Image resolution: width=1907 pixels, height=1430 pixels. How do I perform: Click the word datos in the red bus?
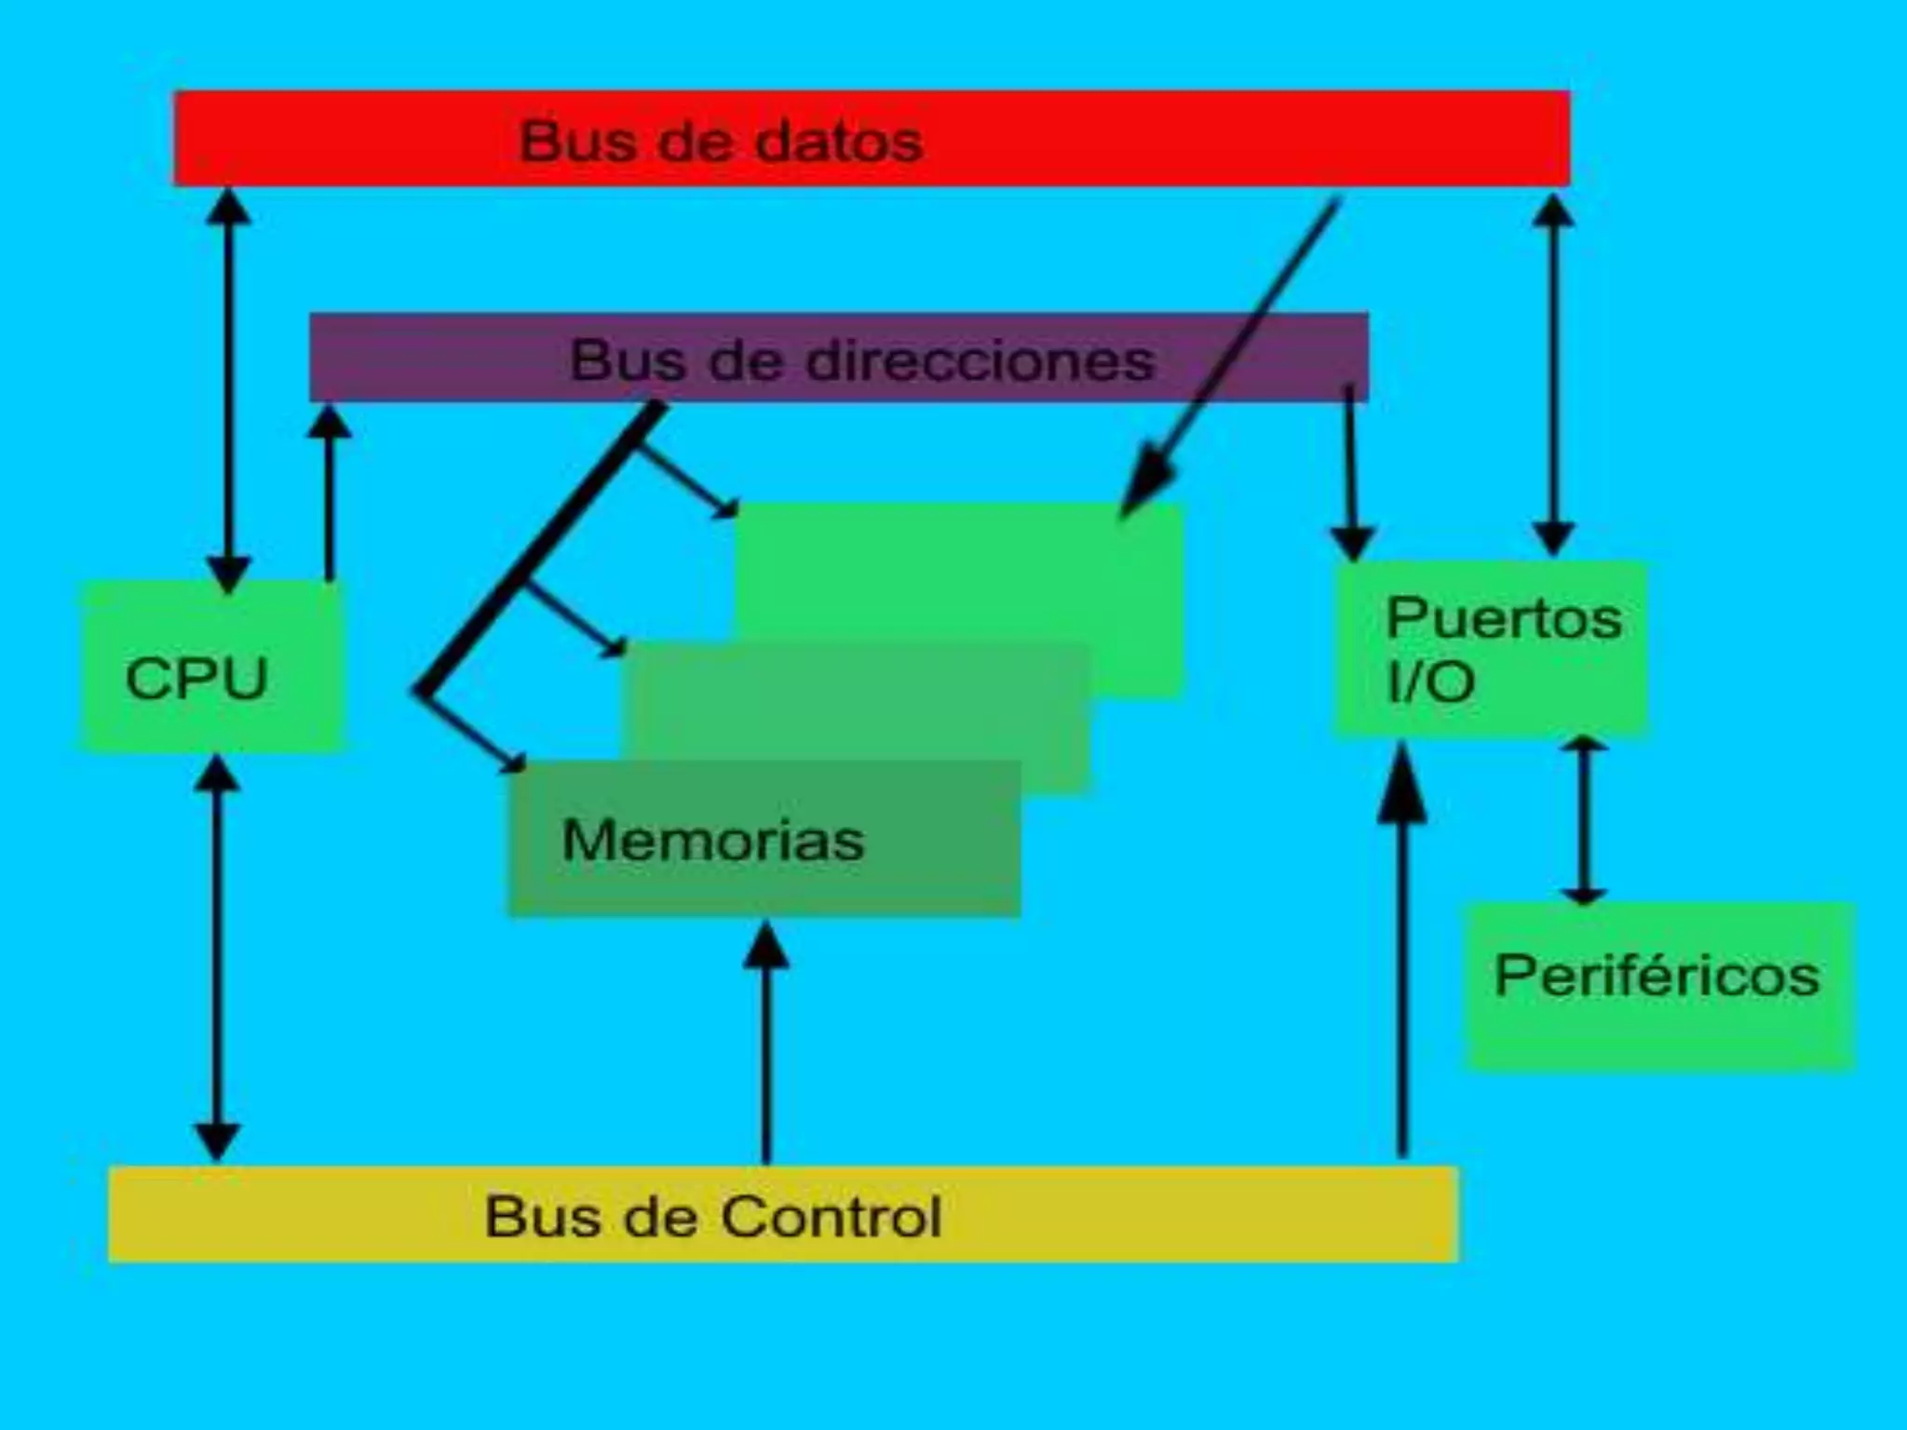[838, 142]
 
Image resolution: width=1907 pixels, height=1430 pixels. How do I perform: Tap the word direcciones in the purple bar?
[980, 360]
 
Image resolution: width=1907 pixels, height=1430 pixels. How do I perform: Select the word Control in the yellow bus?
[831, 1217]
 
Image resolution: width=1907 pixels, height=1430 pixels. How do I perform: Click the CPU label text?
[196, 679]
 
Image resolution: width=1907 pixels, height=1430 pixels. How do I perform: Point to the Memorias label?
[713, 841]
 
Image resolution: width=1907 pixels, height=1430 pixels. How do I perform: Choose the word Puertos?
[1504, 618]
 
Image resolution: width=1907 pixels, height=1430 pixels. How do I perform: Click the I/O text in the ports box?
[1430, 682]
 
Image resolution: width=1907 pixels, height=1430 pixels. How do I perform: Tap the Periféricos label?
[1657, 977]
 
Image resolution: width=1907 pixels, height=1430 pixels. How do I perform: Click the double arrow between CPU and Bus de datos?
[228, 391]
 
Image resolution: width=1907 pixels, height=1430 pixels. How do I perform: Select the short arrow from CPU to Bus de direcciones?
[328, 493]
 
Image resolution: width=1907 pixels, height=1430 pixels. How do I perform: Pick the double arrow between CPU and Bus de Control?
[217, 959]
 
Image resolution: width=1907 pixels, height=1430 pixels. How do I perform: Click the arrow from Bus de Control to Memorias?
[766, 1043]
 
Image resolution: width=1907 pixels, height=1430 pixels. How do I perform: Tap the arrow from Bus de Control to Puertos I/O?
[1402, 959]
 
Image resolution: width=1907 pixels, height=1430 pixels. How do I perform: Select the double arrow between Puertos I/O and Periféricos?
[1583, 819]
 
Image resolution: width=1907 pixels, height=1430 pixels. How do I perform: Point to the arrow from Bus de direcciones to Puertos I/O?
[1350, 475]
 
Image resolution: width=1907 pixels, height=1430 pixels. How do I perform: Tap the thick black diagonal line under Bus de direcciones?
[540, 549]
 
